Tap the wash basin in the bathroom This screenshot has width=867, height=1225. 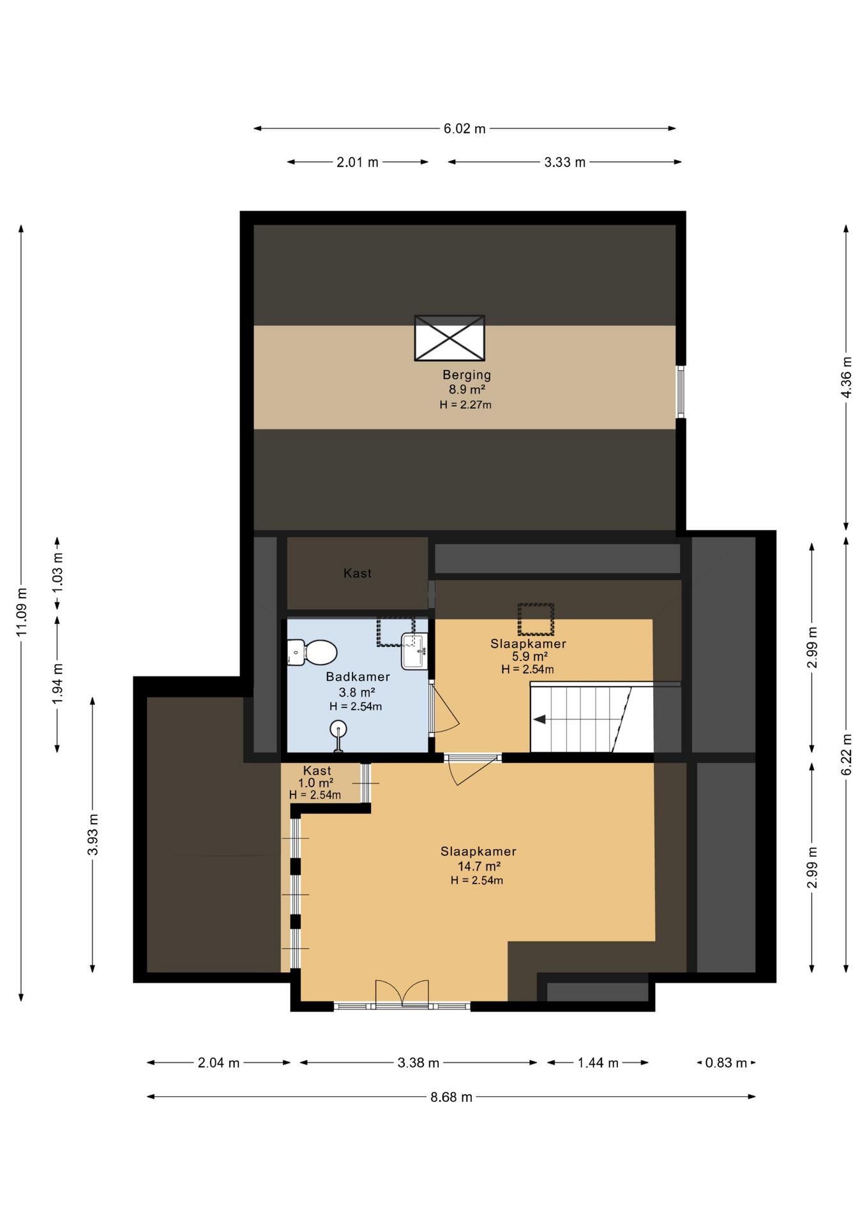click(414, 651)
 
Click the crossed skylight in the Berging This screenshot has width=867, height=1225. click(449, 338)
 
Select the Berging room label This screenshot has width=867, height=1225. click(467, 375)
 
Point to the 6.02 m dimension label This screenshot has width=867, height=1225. click(465, 129)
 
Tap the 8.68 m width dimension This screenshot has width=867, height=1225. click(451, 1097)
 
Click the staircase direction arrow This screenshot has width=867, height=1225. click(539, 720)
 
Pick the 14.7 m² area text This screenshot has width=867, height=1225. click(479, 866)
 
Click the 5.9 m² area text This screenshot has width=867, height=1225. click(530, 657)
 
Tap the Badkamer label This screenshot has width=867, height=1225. click(358, 677)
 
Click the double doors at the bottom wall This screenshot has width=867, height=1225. click(402, 994)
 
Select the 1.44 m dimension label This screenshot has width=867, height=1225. click(598, 1063)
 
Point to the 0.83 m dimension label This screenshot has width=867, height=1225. click(726, 1063)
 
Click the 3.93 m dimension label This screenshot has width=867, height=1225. click(93, 835)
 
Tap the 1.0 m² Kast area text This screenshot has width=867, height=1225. click(316, 783)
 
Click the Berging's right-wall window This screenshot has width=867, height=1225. click(681, 392)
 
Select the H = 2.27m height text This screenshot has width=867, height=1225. click(465, 405)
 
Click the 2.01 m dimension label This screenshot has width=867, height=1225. click(358, 162)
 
